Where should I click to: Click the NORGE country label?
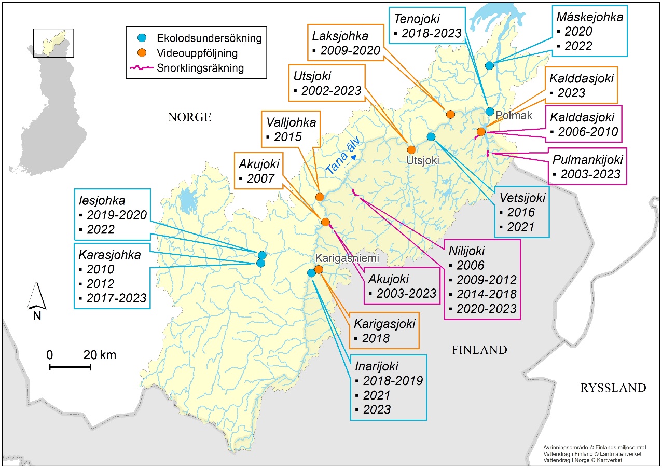coord(189,117)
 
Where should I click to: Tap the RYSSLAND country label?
coord(613,388)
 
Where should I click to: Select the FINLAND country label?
coord(479,350)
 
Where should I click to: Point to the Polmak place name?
coord(514,115)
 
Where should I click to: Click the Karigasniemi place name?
coord(347,258)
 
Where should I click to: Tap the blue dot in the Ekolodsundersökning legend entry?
coord(145,38)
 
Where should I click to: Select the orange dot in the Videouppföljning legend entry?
coord(145,52)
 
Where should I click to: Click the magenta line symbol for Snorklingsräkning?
coord(145,67)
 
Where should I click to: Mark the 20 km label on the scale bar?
coord(100,355)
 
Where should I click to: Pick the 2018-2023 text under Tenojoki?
coord(431,34)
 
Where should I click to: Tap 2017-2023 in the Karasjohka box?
coord(117,298)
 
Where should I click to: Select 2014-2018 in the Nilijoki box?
coord(486,294)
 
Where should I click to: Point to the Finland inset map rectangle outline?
coord(53,43)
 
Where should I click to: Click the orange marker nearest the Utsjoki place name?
coord(411,149)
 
